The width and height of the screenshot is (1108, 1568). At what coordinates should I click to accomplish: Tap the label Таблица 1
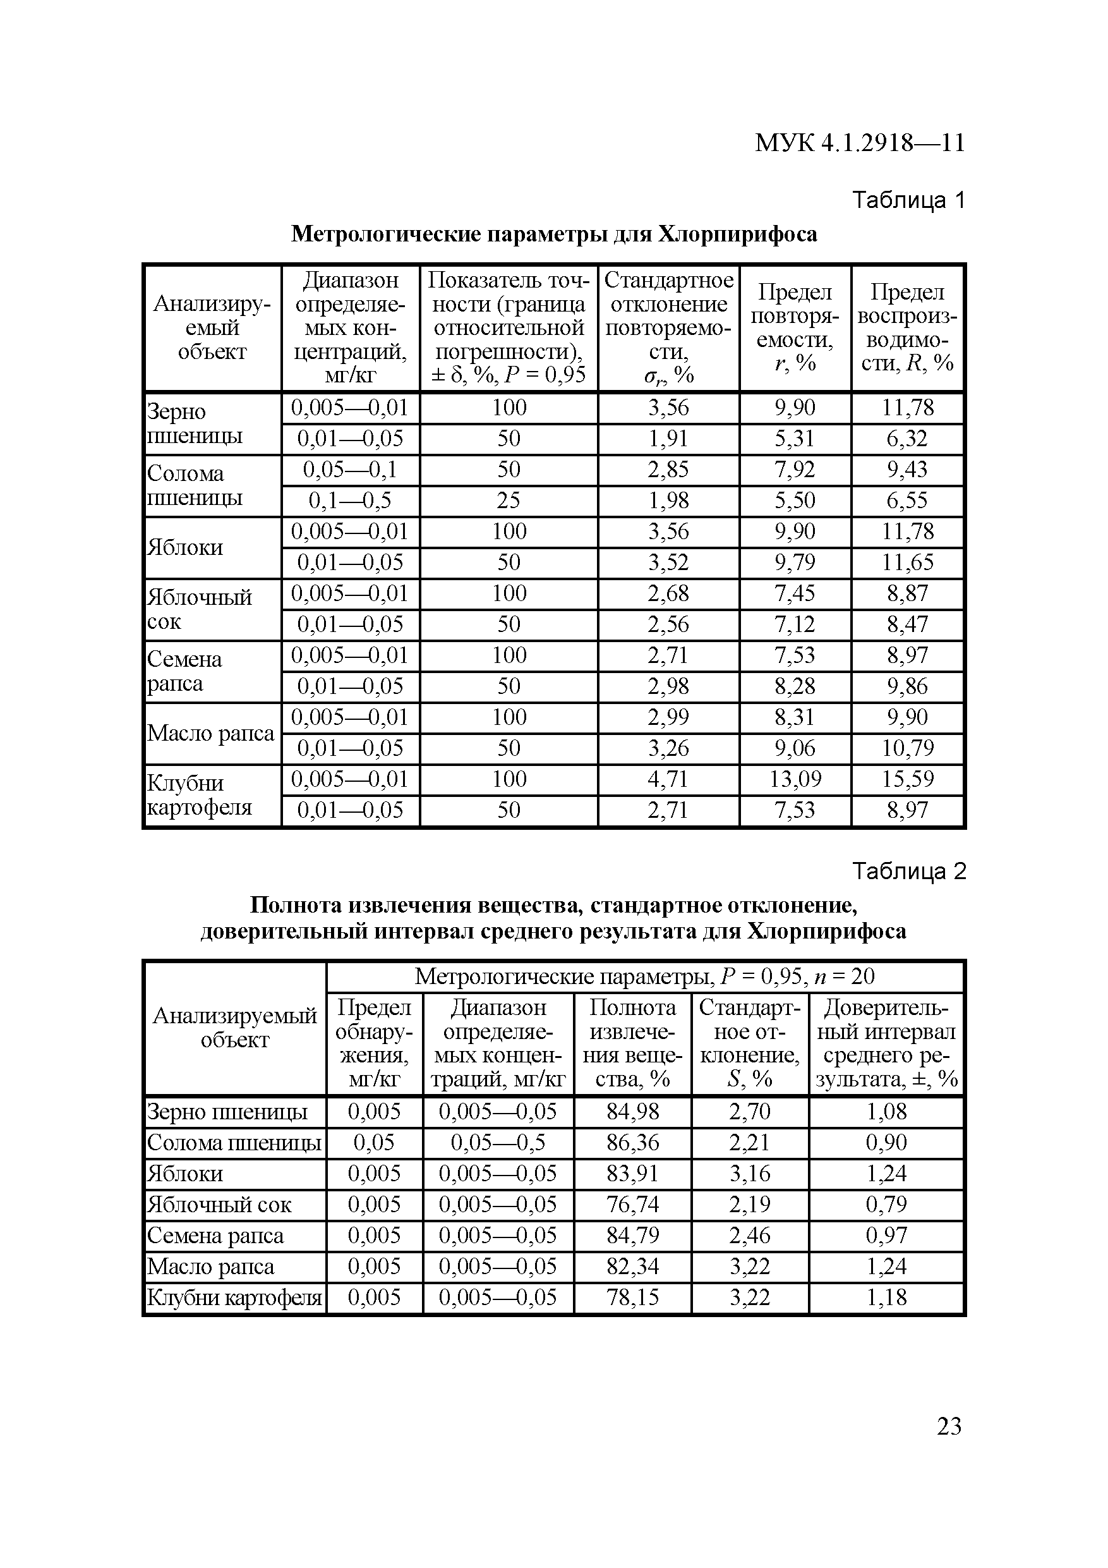tap(908, 200)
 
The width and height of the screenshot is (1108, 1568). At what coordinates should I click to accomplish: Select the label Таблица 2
tap(908, 872)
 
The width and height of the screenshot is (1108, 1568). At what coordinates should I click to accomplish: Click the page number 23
tap(949, 1426)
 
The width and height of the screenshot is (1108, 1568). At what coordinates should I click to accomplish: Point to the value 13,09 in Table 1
tap(795, 779)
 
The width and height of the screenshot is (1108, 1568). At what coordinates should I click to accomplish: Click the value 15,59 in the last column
tap(906, 779)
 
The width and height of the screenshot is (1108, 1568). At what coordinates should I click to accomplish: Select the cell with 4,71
tap(668, 779)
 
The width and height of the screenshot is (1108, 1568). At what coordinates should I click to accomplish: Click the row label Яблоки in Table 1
tap(186, 548)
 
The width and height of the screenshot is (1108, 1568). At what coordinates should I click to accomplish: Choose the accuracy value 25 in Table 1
tap(509, 501)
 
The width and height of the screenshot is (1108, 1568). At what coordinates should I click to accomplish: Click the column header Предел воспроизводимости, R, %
tap(906, 328)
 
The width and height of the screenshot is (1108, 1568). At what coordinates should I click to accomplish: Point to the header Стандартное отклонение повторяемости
tap(668, 328)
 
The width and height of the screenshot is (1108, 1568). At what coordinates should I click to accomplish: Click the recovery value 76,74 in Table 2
tap(632, 1205)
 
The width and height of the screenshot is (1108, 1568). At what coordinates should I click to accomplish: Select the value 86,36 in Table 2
tap(632, 1143)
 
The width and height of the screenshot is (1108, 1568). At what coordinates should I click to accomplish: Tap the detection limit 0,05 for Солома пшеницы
tap(374, 1143)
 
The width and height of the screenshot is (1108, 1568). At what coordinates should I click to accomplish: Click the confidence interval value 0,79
tap(886, 1205)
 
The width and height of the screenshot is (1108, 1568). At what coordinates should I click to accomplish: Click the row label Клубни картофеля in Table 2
tap(234, 1298)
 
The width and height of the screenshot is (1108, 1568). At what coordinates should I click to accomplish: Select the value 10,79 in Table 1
tap(906, 748)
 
